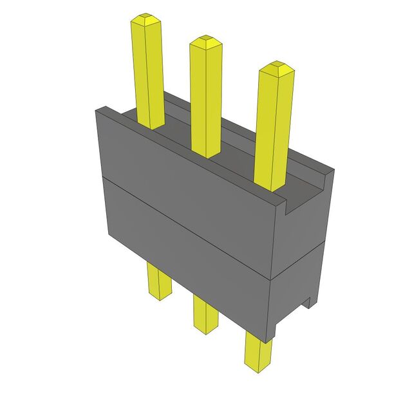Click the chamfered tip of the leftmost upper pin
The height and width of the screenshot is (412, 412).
point(144,19)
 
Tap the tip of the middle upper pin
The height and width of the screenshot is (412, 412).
point(205,41)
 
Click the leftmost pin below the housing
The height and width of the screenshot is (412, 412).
point(158,280)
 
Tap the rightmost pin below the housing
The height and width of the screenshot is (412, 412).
point(257,351)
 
